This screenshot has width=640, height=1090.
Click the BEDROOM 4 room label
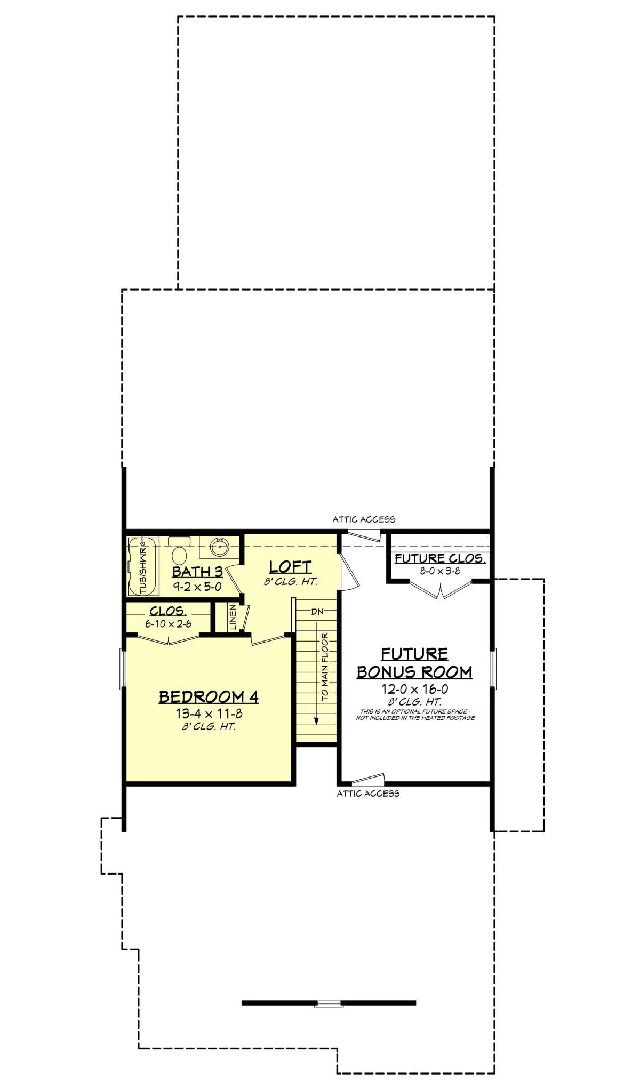coord(209,697)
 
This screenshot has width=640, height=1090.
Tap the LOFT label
coord(290,567)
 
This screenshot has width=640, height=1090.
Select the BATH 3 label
coord(197,572)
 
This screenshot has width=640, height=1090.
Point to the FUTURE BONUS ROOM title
coord(414,663)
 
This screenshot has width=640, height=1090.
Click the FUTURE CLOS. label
coord(440,558)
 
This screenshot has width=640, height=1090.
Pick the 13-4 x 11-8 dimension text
coord(209,714)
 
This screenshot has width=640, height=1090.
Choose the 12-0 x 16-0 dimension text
coord(414,689)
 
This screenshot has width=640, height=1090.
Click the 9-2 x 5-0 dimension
coord(197,587)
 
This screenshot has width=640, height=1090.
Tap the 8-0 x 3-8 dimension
coord(440,571)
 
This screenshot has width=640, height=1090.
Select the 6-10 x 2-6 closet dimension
coord(168,623)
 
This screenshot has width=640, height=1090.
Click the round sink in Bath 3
coord(219,547)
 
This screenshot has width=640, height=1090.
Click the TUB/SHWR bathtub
coord(143,567)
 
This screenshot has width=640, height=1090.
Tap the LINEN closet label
coord(233,618)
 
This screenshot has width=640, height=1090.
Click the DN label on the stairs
coord(317,612)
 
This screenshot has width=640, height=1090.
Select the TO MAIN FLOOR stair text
coord(325,667)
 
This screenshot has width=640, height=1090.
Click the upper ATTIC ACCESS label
coord(364,519)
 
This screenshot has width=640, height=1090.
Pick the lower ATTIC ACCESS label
coord(368,794)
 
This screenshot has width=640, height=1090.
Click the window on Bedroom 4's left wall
coord(122,669)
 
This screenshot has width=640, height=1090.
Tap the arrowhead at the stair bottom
coord(316,721)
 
